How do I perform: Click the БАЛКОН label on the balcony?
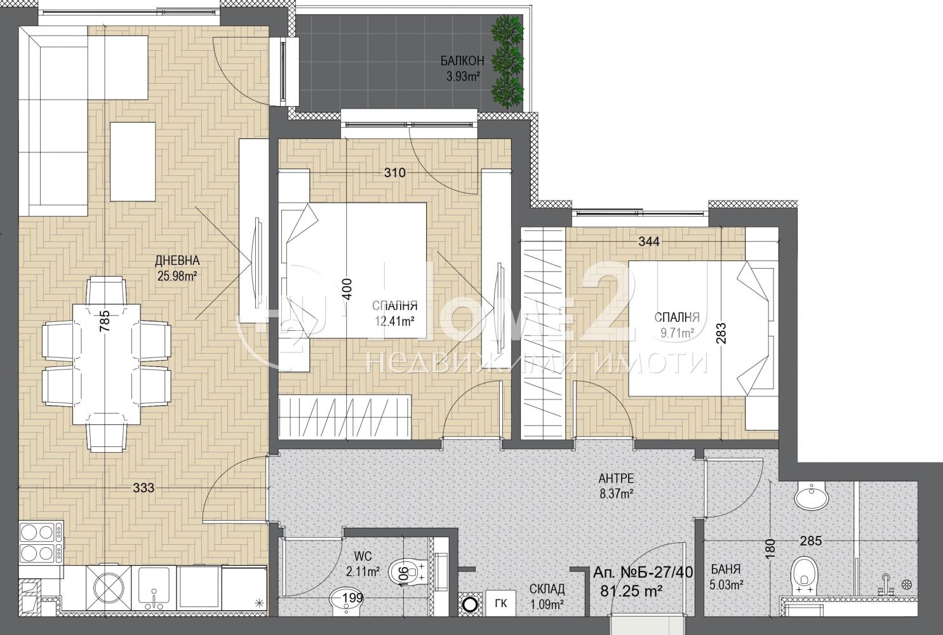click(462, 61)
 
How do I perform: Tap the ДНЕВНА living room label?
click(177, 260)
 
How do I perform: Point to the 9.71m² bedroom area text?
click(677, 333)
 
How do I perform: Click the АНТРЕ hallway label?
click(617, 478)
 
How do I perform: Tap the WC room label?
click(363, 556)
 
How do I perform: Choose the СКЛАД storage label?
click(547, 589)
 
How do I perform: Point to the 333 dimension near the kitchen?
click(144, 488)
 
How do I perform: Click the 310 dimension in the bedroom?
click(394, 172)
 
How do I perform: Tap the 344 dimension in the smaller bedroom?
click(649, 241)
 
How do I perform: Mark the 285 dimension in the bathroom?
click(810, 540)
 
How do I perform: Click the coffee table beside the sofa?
click(133, 162)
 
